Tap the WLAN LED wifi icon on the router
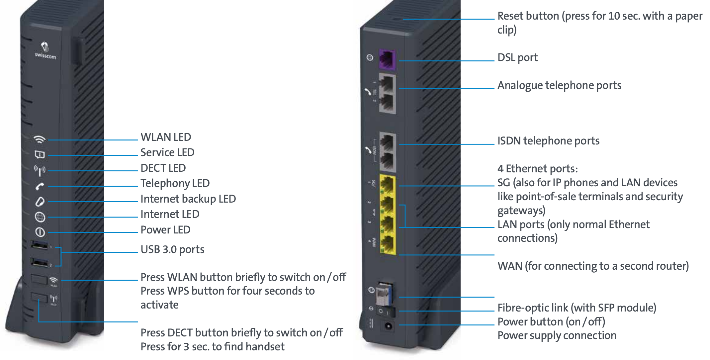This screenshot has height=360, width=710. point(40,139)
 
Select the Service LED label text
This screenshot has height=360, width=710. point(167,152)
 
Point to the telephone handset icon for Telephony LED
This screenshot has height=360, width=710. point(40,187)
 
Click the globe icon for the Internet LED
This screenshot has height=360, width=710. point(40,217)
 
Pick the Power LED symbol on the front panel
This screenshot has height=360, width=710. point(40,232)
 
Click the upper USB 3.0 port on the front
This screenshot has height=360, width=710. point(40,245)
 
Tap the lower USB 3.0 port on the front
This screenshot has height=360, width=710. point(40,263)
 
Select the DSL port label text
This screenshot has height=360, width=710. point(517,57)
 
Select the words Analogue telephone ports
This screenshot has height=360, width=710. point(559,85)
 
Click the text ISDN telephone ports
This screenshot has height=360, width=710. point(548,141)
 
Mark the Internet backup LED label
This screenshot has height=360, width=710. point(188,199)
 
